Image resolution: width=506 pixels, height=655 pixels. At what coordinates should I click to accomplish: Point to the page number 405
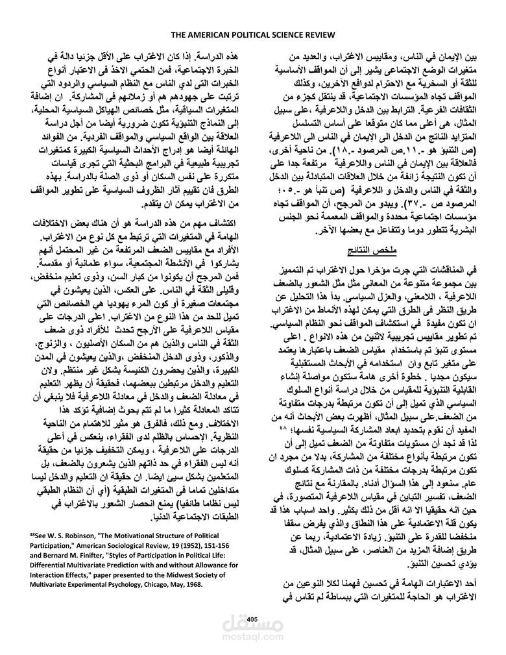click(x=253, y=617)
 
